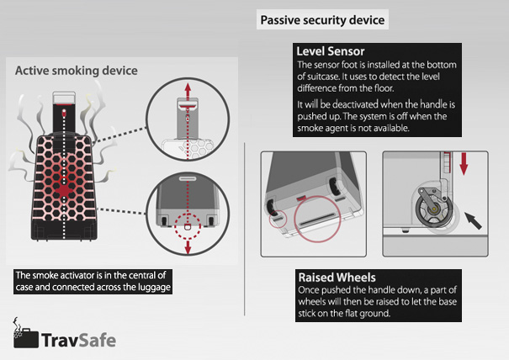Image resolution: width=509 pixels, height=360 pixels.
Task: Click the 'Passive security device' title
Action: click(x=322, y=20)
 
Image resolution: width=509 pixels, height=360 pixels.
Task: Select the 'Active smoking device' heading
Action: click(x=77, y=71)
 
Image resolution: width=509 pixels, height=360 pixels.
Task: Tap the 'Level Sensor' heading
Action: click(x=331, y=51)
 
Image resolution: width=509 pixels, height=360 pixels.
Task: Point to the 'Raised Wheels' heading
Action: click(x=337, y=278)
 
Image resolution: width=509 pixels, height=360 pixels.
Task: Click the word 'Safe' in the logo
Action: click(x=97, y=340)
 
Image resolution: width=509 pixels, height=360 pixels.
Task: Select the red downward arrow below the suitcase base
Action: click(x=188, y=246)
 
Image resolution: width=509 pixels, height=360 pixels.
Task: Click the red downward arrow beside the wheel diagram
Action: click(x=464, y=163)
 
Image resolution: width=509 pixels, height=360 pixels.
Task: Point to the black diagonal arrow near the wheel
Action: click(x=473, y=220)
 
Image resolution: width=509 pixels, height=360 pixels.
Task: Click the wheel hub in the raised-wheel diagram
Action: click(x=433, y=209)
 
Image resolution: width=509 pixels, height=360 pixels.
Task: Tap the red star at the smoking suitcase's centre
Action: click(x=64, y=190)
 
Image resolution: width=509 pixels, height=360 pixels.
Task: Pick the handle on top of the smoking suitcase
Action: click(x=64, y=98)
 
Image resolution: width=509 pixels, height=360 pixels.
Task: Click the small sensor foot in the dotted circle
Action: click(x=188, y=226)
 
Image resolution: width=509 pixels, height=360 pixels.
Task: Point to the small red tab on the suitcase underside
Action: click(x=302, y=197)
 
